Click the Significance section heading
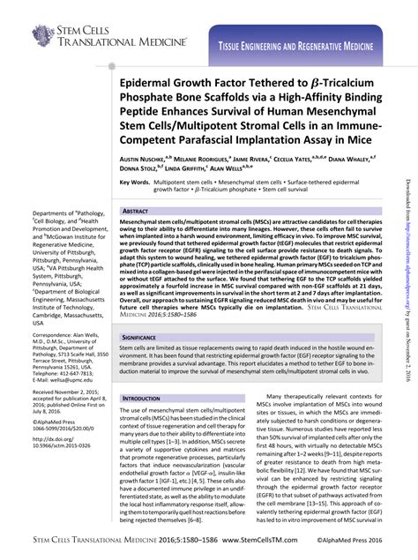[x=142, y=338]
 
